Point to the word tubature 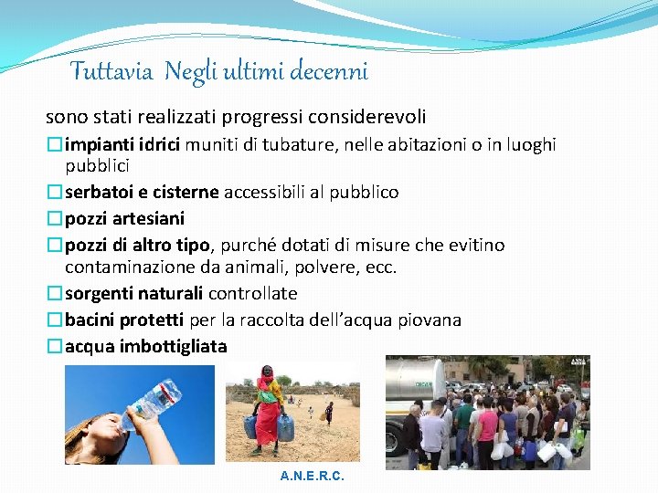tap(308, 145)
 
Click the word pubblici tap(97, 165)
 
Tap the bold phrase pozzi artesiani tap(124, 218)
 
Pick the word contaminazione tap(126, 267)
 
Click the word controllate tap(252, 294)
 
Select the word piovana tap(430, 320)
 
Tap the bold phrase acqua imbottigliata tap(145, 347)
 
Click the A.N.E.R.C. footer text tap(313, 477)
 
